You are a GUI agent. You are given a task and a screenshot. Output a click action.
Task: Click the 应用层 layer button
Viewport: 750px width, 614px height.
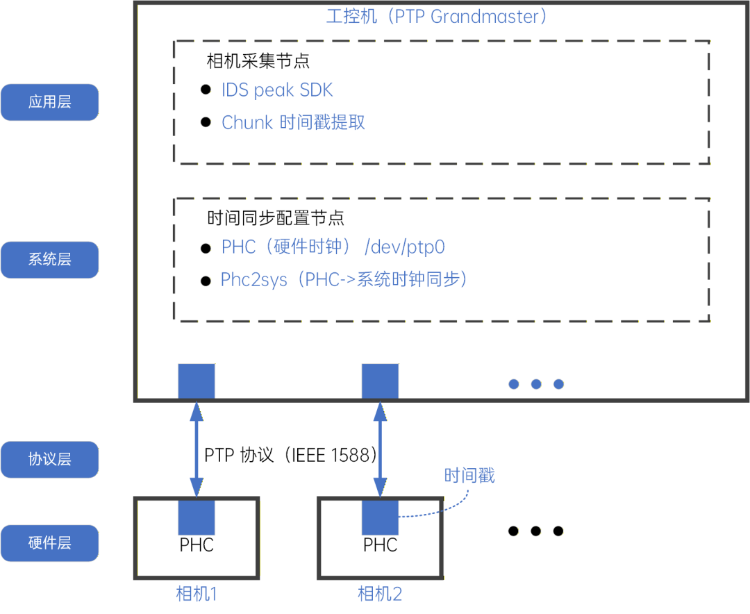[x=49, y=102]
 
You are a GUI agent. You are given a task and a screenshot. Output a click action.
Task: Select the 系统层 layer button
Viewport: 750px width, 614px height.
[x=49, y=260]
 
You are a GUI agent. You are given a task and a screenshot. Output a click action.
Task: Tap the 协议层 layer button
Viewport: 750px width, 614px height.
[x=49, y=459]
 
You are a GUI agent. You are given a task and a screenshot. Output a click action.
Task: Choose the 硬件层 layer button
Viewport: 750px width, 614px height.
[x=49, y=542]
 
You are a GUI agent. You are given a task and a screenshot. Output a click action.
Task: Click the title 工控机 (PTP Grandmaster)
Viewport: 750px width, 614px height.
[x=437, y=17]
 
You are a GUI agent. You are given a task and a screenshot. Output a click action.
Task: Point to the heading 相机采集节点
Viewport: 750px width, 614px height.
[x=258, y=61]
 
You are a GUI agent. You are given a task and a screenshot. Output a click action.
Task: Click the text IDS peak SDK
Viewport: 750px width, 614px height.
[x=277, y=90]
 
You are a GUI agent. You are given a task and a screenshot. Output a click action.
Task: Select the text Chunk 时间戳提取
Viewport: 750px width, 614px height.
[x=293, y=123]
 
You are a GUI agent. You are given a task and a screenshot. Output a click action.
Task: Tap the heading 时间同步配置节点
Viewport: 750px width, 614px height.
[x=276, y=218]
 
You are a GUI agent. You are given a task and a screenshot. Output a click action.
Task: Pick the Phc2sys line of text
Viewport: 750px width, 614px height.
[x=344, y=280]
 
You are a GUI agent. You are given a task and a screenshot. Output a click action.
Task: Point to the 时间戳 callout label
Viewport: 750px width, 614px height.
[x=469, y=476]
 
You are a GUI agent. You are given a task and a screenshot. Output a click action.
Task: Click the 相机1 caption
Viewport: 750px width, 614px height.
[x=197, y=594]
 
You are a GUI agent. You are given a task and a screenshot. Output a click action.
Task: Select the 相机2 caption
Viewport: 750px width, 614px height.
[x=380, y=594]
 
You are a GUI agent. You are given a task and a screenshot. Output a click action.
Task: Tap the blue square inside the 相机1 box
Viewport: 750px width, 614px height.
[x=197, y=517]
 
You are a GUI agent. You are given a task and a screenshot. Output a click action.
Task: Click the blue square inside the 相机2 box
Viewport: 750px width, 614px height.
[x=380, y=517]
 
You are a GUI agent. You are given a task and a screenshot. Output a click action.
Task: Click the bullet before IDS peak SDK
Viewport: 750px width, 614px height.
[x=206, y=90]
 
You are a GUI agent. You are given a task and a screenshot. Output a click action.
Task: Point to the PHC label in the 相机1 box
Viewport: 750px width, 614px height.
[x=197, y=545]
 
